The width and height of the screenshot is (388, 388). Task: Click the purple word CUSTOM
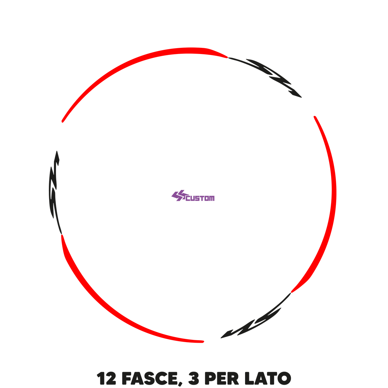200,198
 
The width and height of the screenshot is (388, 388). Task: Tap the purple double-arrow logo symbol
178,196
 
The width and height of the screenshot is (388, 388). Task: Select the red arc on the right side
334,201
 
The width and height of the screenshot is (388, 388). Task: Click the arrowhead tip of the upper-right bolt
301,97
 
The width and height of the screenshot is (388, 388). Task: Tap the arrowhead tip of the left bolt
57,151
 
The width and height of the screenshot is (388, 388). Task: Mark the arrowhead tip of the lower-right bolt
221,338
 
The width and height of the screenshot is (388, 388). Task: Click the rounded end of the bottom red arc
203,341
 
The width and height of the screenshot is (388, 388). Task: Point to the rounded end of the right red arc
315,117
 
